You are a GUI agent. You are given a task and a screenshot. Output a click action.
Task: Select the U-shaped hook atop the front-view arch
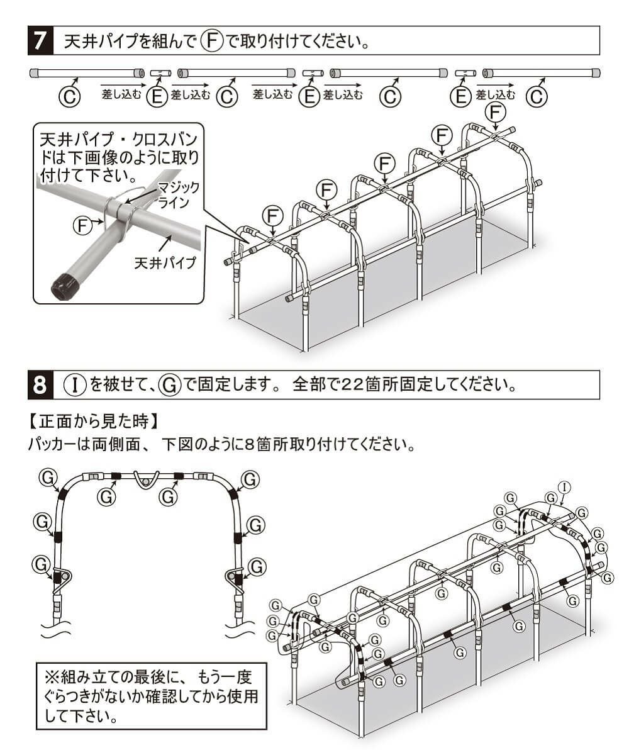pyautogui.click(x=147, y=481)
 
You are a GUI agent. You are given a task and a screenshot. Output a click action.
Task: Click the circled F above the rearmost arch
pyautogui.click(x=497, y=112)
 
